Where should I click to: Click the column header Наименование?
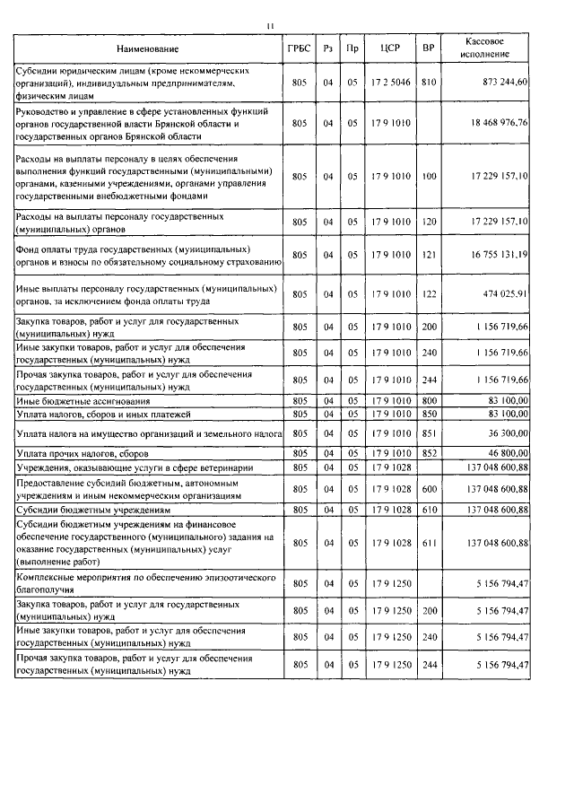pyautogui.click(x=149, y=48)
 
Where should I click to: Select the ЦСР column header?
pyautogui.click(x=388, y=48)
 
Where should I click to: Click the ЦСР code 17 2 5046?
pyautogui.click(x=388, y=82)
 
